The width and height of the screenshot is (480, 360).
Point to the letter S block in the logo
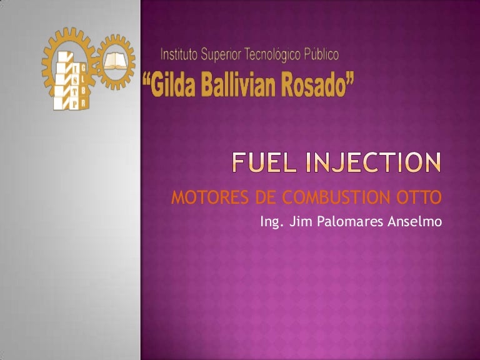pos(74,80)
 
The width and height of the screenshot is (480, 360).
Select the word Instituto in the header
pos(179,54)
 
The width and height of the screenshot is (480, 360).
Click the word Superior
pos(222,54)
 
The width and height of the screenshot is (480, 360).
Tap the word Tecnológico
pos(274,55)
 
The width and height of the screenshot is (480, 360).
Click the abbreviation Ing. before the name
pos(270,222)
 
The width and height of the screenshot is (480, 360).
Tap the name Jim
pos(297,221)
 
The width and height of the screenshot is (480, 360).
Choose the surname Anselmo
pos(415,221)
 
